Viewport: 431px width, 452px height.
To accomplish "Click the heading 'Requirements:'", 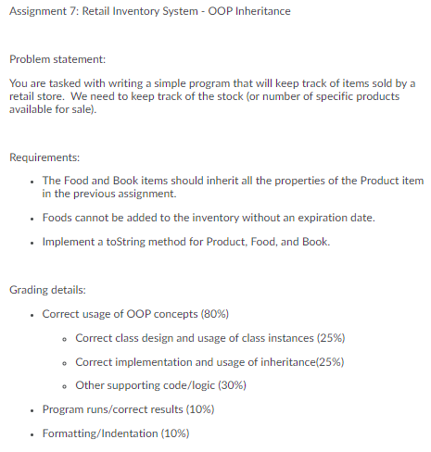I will [44, 157].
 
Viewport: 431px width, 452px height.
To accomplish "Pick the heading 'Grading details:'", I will [46, 290].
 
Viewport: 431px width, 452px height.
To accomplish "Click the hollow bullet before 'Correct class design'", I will [64, 338].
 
